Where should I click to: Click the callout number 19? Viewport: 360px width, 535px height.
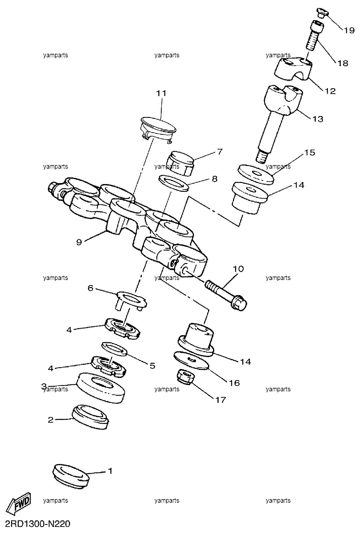[x=349, y=30]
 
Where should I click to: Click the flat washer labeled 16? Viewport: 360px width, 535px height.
[x=191, y=360]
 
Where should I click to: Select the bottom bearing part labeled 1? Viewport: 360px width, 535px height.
[x=71, y=475]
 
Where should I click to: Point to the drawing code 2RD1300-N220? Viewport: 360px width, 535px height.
[x=37, y=524]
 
